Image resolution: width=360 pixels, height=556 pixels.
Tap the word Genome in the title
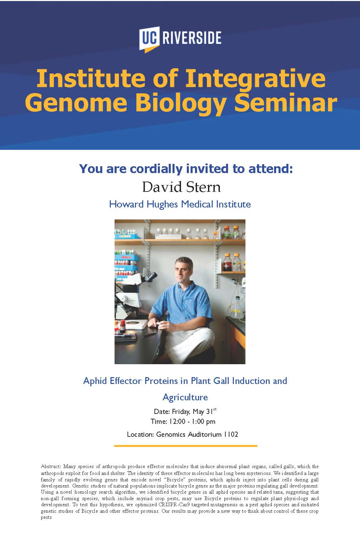[76, 103]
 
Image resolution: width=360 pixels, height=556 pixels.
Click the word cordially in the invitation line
[156, 169]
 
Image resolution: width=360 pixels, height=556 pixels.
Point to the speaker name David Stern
[181, 187]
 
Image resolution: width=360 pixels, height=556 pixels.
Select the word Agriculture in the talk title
[185, 397]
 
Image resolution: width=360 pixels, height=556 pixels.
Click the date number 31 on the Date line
[209, 412]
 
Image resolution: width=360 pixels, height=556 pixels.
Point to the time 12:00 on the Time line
[177, 421]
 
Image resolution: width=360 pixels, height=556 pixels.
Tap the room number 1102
[231, 434]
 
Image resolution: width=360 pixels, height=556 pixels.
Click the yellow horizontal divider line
[185, 446]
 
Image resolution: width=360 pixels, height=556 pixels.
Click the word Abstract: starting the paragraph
[51, 466]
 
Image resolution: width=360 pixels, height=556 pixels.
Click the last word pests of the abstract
[46, 518]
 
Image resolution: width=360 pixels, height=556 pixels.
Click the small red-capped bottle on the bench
[123, 326]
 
